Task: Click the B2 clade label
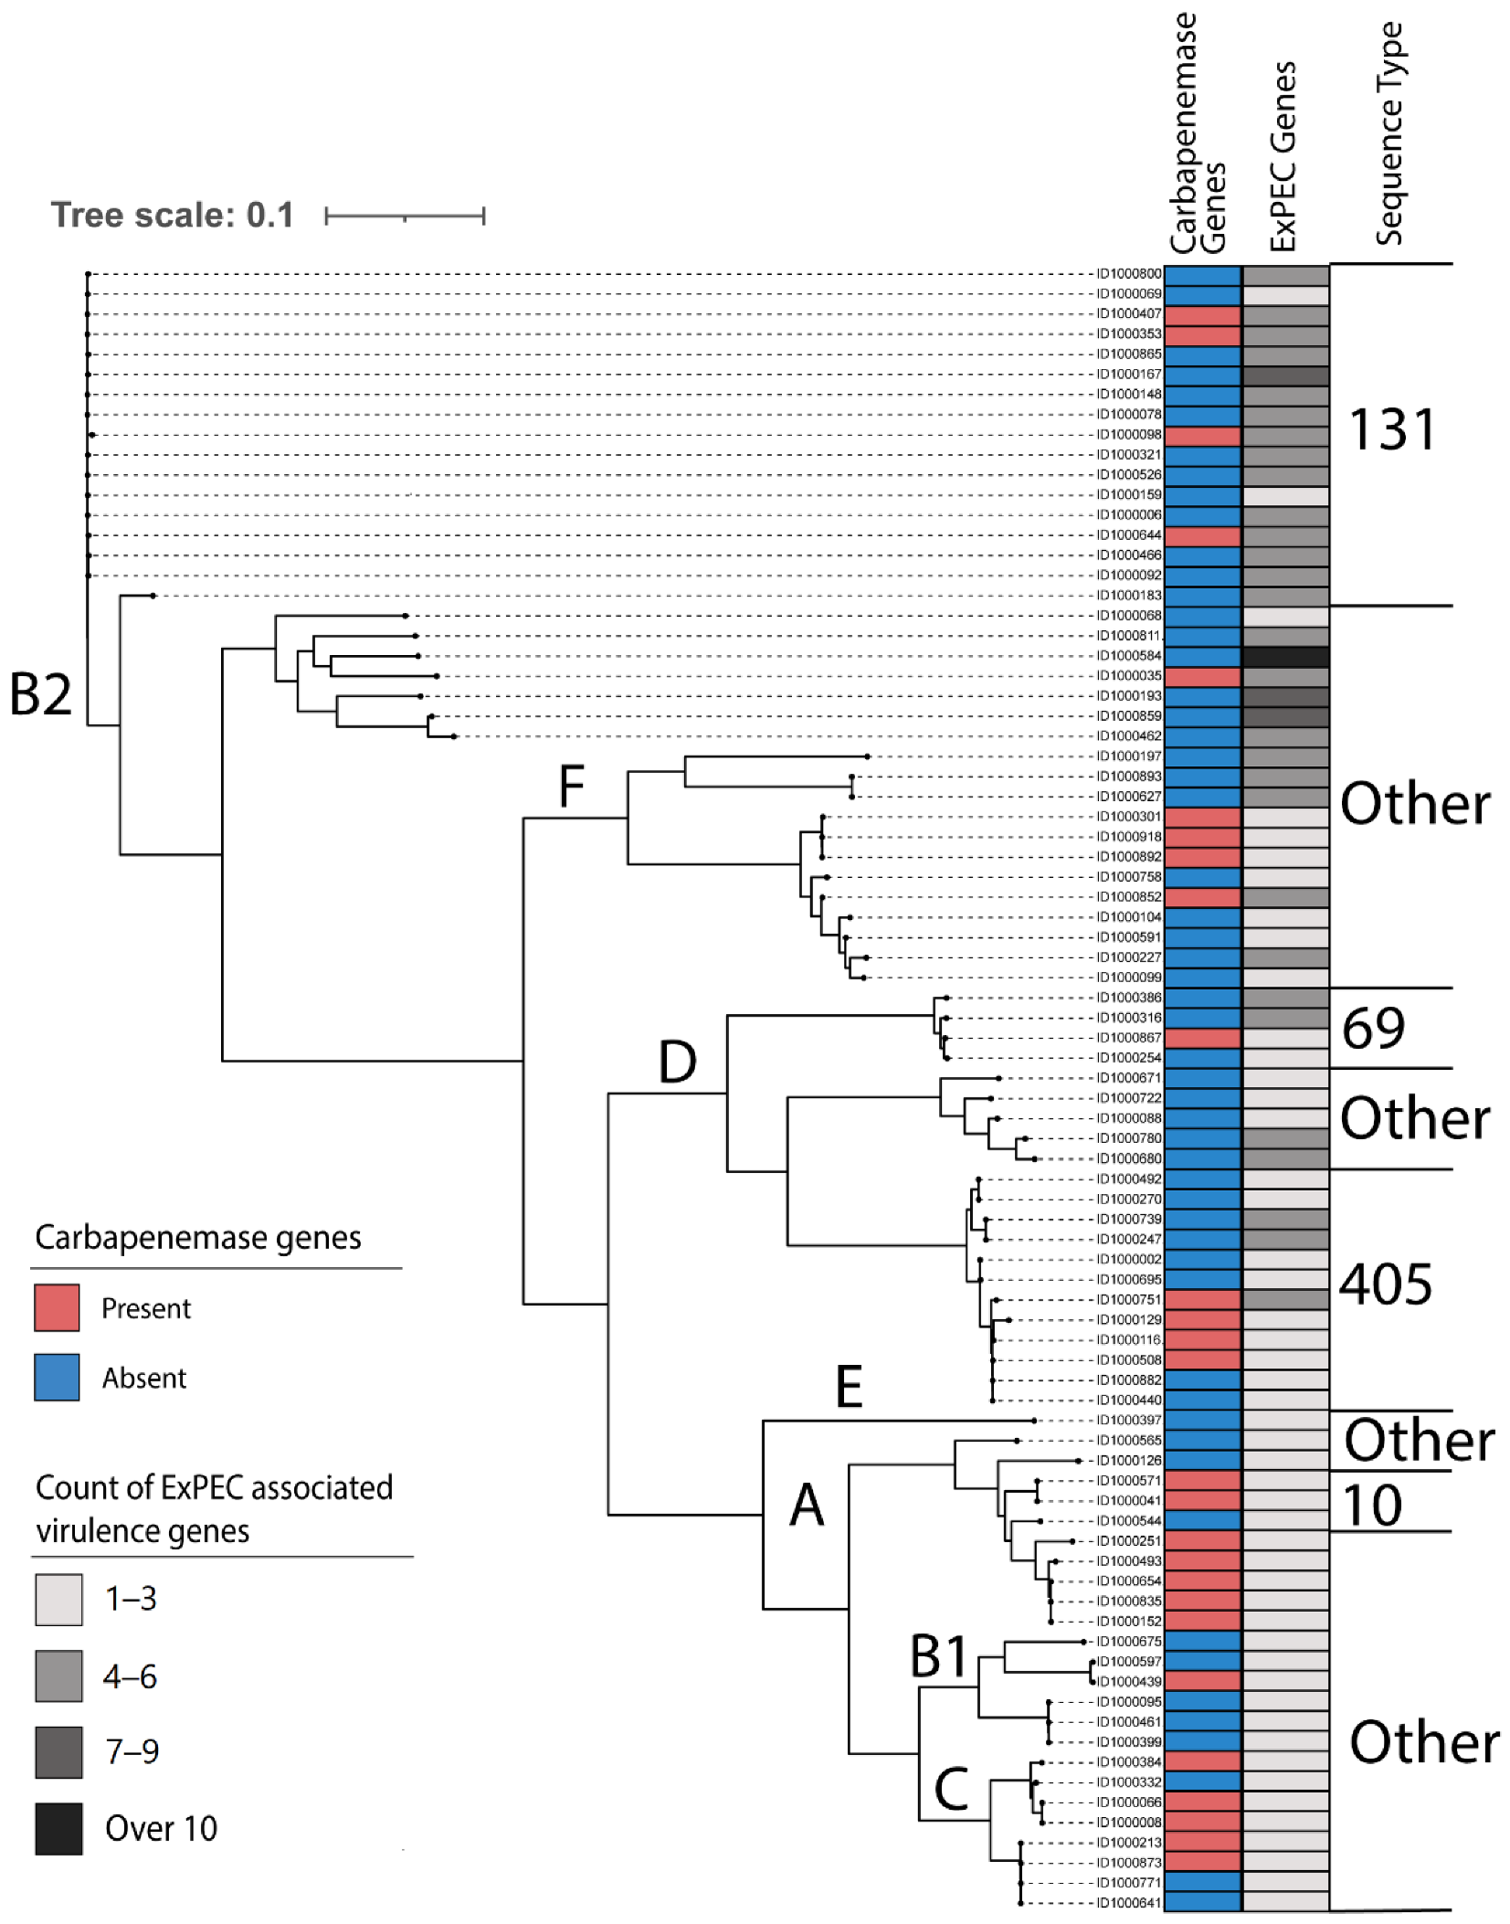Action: click(x=40, y=694)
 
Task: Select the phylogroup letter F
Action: click(x=571, y=787)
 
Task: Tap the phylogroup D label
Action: click(x=677, y=1062)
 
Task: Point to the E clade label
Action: click(x=849, y=1387)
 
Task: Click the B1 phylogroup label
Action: click(x=939, y=1656)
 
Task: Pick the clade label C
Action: click(x=951, y=1789)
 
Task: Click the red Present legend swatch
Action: click(x=57, y=1307)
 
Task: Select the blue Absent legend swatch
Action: click(x=57, y=1377)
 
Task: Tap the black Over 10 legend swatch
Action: click(x=58, y=1828)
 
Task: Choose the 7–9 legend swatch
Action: click(x=58, y=1751)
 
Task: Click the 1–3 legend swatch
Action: click(x=58, y=1599)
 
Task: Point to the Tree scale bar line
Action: click(x=405, y=217)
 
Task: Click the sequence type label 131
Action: click(x=1391, y=429)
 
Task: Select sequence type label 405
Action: click(x=1385, y=1284)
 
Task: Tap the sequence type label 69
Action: click(x=1373, y=1028)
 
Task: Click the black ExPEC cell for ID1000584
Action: click(x=1285, y=656)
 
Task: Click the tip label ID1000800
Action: click(x=1129, y=274)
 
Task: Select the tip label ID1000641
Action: click(x=1129, y=1903)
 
